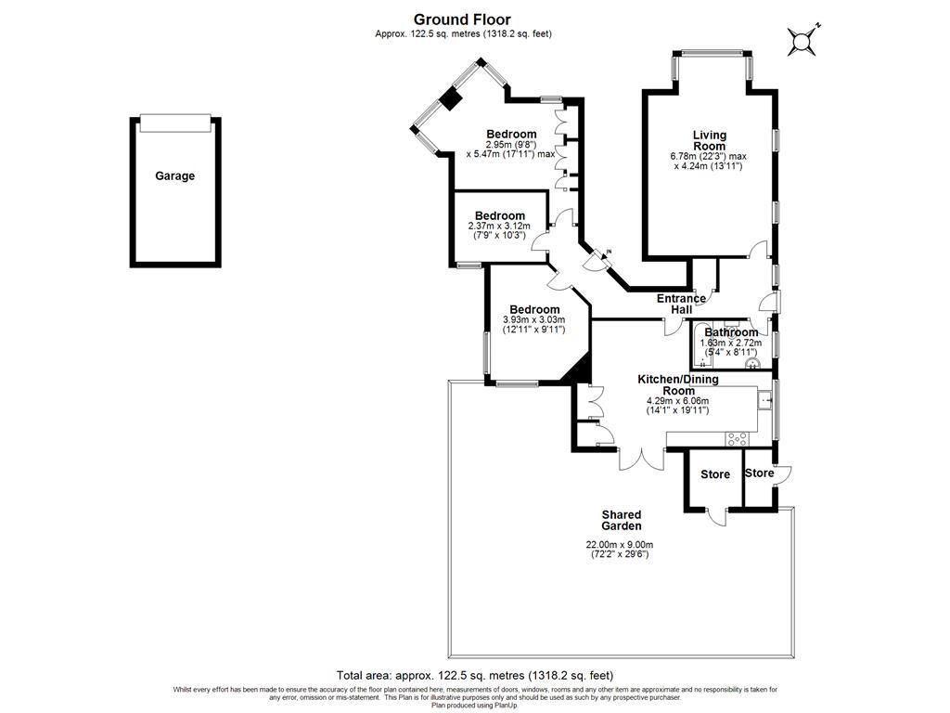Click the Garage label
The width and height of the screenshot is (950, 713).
(x=174, y=175)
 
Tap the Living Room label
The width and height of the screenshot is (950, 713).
(x=709, y=140)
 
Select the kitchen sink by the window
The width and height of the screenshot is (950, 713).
(x=764, y=400)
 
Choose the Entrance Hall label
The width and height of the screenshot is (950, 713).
(x=681, y=304)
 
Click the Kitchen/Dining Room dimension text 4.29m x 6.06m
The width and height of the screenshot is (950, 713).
(x=677, y=406)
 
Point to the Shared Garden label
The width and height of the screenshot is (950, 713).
(x=621, y=520)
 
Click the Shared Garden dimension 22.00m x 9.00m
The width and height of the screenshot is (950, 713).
(x=620, y=550)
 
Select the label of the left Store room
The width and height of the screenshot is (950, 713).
(x=714, y=474)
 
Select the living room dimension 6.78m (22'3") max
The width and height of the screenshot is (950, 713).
(x=709, y=156)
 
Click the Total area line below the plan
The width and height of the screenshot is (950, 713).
(x=474, y=676)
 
